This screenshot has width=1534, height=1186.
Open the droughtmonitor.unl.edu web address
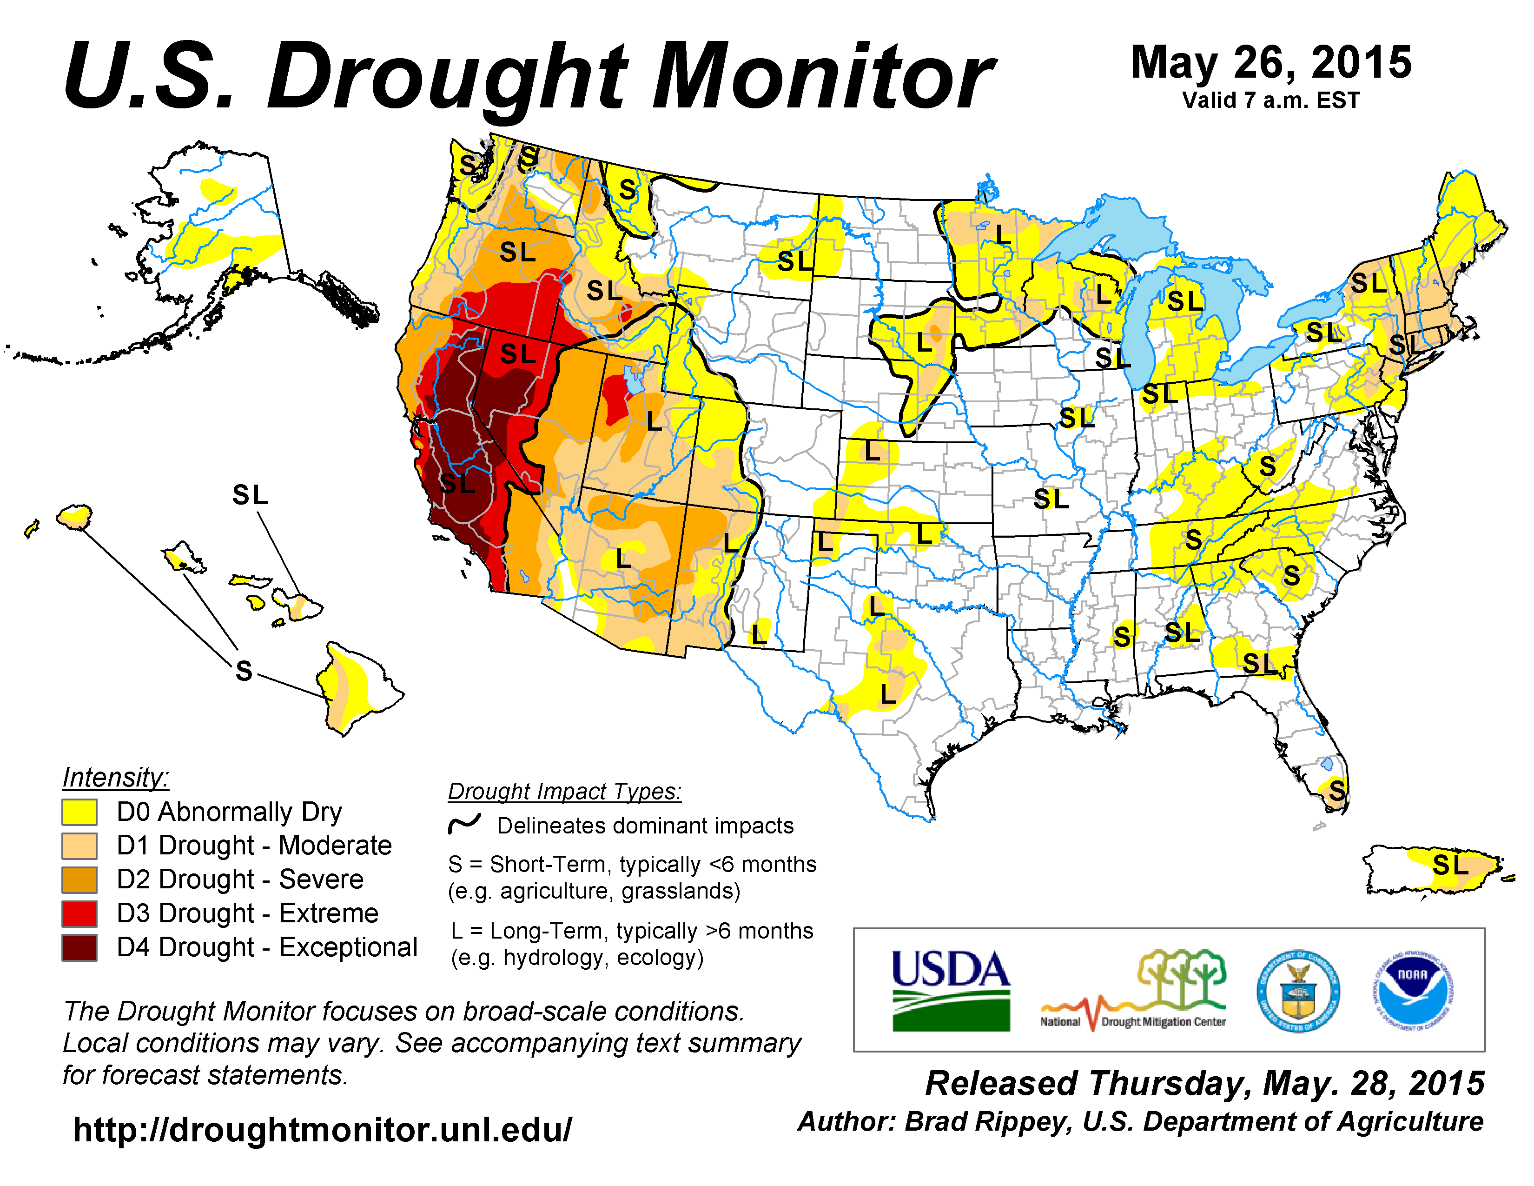pos(323,1130)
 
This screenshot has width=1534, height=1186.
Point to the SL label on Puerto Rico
pos(1450,865)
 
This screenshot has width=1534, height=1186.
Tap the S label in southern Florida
pos(1336,790)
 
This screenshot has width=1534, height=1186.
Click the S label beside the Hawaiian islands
pos(244,671)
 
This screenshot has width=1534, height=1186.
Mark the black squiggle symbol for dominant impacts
pos(464,823)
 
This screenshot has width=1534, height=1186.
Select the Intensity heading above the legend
pos(116,778)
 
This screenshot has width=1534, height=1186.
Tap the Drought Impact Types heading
pos(565,792)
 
